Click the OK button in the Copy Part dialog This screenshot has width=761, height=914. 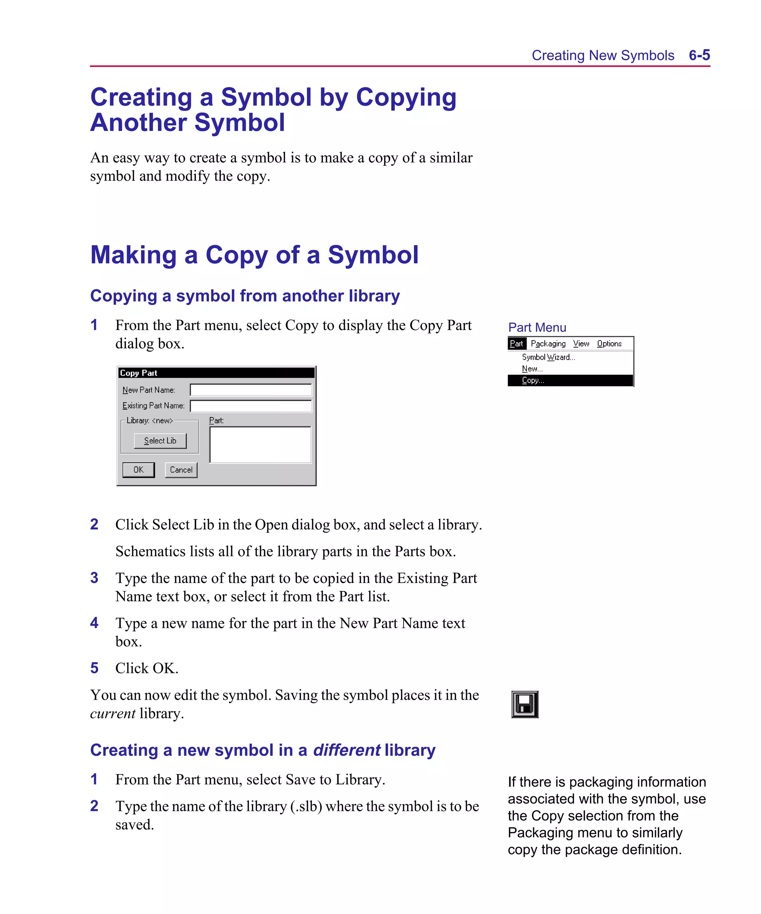(138, 469)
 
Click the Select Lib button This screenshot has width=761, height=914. (160, 440)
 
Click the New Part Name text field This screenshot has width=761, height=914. (250, 389)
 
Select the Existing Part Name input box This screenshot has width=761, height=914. (250, 405)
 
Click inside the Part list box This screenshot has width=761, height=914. (260, 445)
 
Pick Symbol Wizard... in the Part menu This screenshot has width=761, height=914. (548, 357)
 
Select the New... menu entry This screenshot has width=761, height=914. (532, 369)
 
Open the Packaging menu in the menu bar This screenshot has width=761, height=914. (548, 343)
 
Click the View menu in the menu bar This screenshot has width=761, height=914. (581, 343)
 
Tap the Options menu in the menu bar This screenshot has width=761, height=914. (609, 343)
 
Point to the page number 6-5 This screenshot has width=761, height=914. (699, 55)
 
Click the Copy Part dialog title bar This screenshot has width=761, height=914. (216, 373)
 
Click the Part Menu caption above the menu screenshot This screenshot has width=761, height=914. (537, 327)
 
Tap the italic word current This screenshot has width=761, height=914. (113, 713)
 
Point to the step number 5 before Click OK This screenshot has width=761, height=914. (94, 668)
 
